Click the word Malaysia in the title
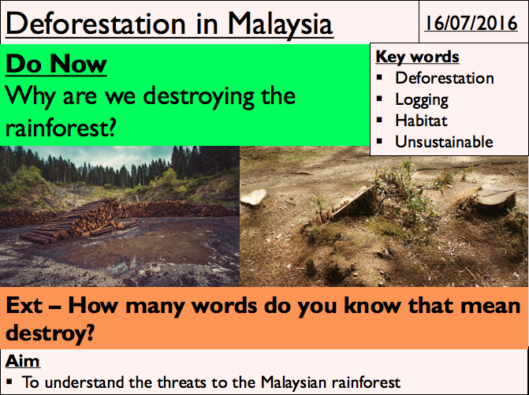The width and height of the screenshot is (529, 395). coord(281,24)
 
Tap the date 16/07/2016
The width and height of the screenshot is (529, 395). coord(471,23)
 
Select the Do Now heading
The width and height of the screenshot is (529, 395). coord(56,63)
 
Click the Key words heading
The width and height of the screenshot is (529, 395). coord(417,57)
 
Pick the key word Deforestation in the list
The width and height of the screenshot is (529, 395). coord(445,78)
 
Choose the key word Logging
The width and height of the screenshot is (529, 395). coord(422,100)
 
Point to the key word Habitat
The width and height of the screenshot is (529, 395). coord(421,121)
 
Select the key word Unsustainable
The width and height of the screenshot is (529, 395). coord(444,142)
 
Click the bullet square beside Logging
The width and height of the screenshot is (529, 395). coord(379,99)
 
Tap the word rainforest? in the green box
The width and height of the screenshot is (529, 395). coord(61,129)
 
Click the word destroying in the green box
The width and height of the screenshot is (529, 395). coord(199,97)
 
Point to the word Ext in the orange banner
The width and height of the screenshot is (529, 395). coord(24,305)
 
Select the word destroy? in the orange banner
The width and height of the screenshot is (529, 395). coord(50,334)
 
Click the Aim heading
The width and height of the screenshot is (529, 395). coord(23,360)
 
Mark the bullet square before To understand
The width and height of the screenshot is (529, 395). coord(9,382)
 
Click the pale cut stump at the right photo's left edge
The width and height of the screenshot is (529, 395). coord(253,197)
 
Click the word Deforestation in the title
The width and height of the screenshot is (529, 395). coord(95,24)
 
